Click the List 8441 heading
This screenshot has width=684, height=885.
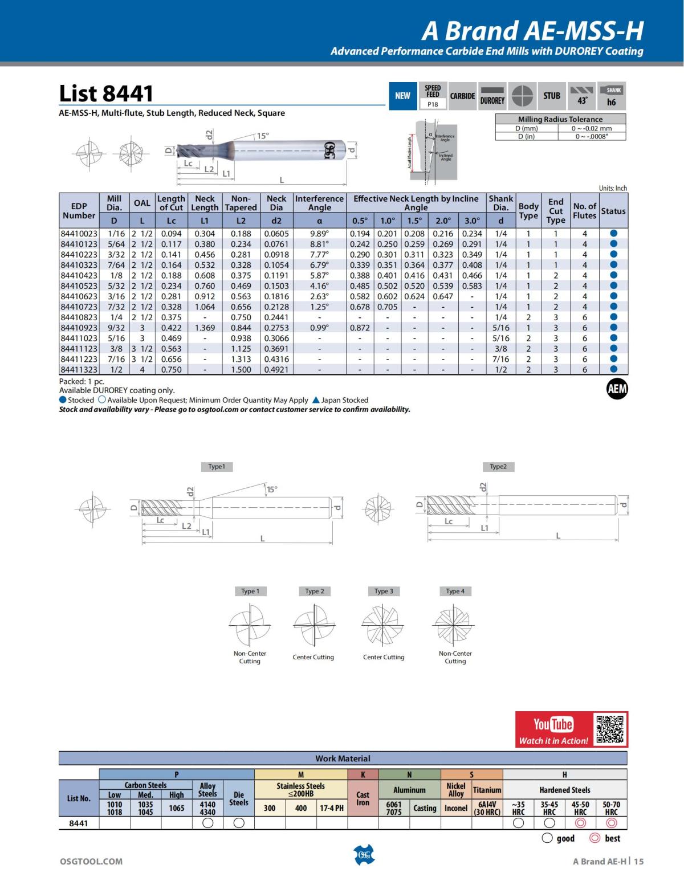point(106,93)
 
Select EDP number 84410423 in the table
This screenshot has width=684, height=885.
point(79,275)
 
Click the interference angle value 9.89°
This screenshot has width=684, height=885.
point(319,234)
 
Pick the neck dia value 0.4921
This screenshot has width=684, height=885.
point(276,369)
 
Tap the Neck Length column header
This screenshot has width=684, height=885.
point(205,203)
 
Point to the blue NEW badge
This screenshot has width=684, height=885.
point(402,96)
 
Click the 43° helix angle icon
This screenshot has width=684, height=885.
point(582,96)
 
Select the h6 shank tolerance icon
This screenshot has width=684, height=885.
point(612,96)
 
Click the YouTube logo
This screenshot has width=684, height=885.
point(553,724)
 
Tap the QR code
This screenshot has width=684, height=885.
point(609,729)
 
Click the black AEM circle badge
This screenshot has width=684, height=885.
point(617,389)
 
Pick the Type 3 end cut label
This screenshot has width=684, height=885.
point(384,591)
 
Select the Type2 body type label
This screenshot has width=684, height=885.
point(498,467)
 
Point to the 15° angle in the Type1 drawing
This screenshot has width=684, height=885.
point(272,489)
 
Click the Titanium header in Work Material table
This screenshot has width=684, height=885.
point(487,790)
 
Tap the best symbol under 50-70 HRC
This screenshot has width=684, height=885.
point(611,823)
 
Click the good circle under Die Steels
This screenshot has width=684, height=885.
point(239,823)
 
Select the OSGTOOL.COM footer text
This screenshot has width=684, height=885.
point(91,861)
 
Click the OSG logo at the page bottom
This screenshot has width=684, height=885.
point(364,854)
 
